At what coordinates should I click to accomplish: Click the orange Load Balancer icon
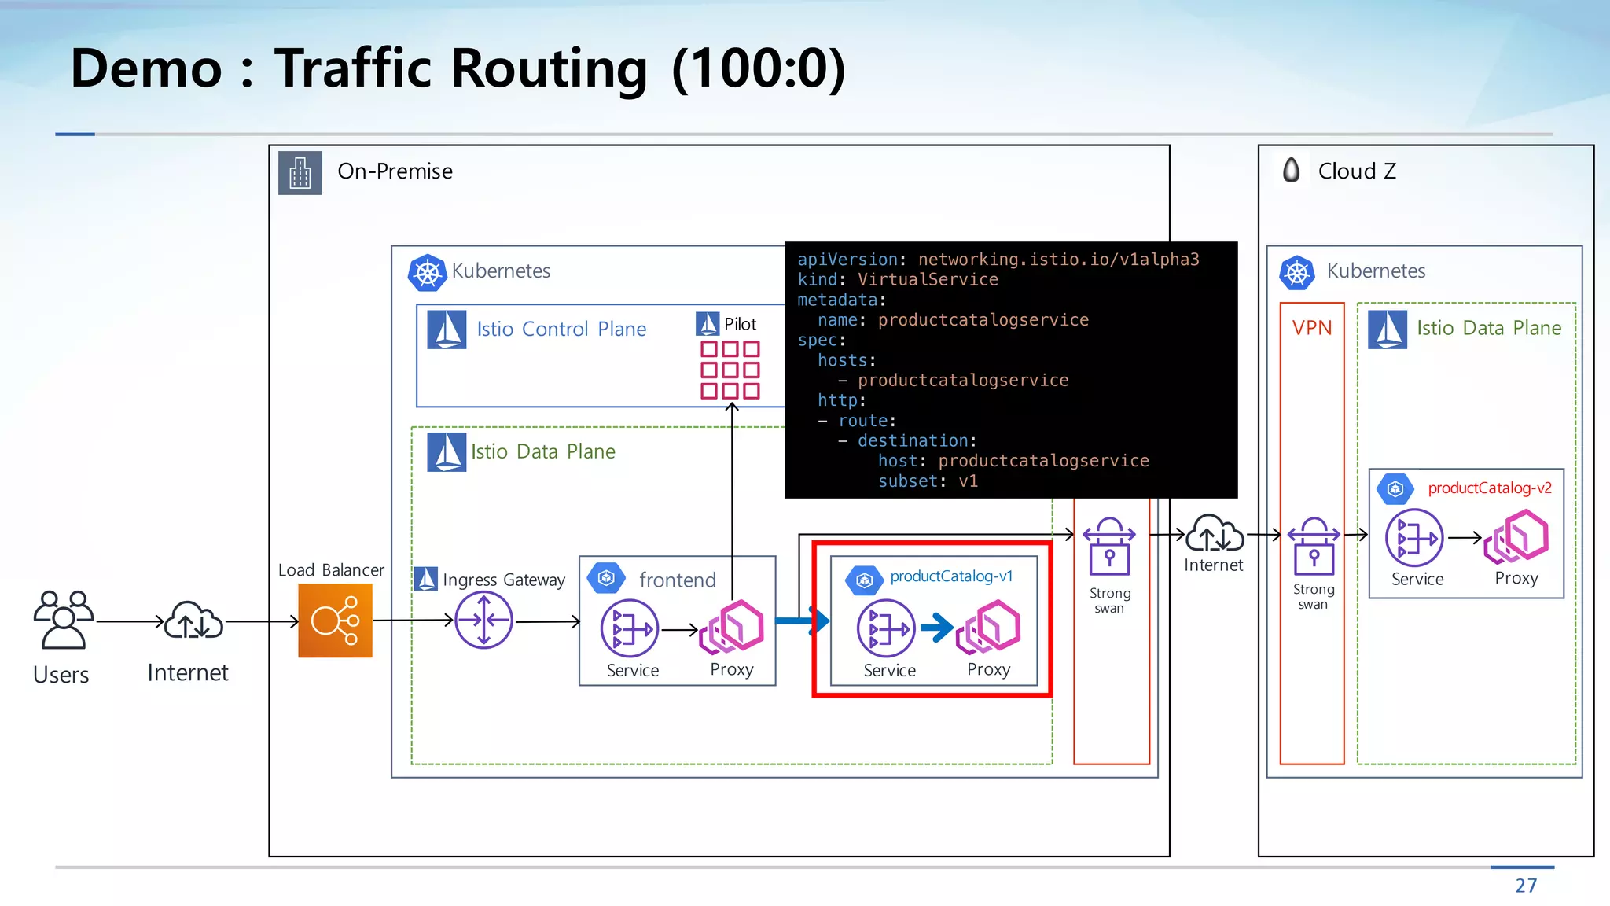pyautogui.click(x=335, y=621)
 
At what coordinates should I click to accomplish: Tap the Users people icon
pyautogui.click(x=63, y=620)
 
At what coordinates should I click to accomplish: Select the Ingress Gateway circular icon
pyautogui.click(x=483, y=621)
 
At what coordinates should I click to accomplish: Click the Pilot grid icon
pyautogui.click(x=730, y=370)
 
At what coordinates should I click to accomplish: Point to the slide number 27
pyautogui.click(x=1526, y=886)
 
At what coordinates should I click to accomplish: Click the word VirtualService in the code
pyautogui.click(x=928, y=279)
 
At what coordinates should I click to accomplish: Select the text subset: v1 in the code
pyautogui.click(x=928, y=481)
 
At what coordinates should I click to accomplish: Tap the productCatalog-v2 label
pyautogui.click(x=1490, y=488)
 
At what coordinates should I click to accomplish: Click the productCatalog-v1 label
pyautogui.click(x=951, y=576)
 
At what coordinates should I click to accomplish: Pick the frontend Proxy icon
pyautogui.click(x=732, y=628)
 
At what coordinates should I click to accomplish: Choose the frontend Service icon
pyautogui.click(x=630, y=628)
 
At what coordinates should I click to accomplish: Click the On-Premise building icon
pyautogui.click(x=300, y=172)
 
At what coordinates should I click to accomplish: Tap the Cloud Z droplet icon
pyautogui.click(x=1291, y=170)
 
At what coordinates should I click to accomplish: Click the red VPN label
pyautogui.click(x=1312, y=328)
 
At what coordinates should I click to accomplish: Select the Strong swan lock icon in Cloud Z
pyautogui.click(x=1313, y=547)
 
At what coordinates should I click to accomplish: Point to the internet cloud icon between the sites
pyautogui.click(x=1214, y=535)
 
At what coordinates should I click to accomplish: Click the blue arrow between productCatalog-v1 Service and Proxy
pyautogui.click(x=936, y=628)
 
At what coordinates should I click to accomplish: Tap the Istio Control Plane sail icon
pyautogui.click(x=447, y=330)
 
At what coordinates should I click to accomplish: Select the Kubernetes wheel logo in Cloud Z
pyautogui.click(x=1297, y=273)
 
